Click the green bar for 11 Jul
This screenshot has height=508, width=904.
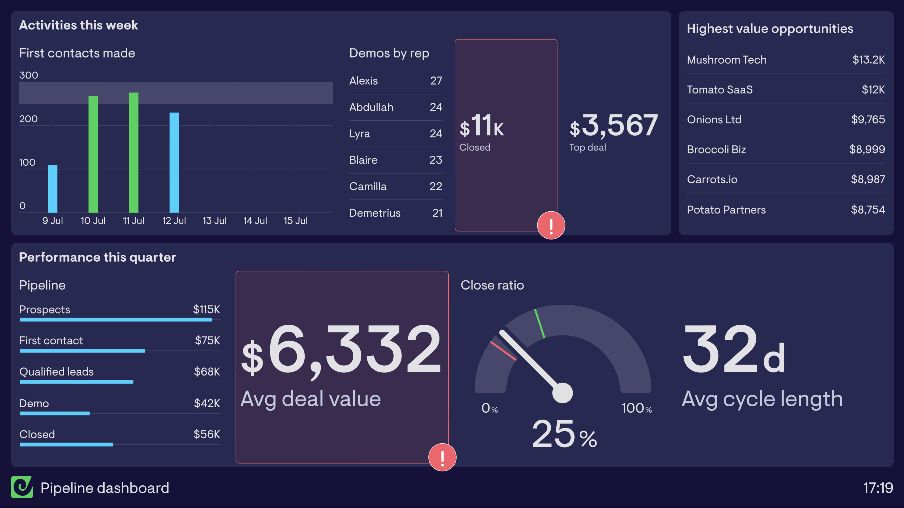pos(134,153)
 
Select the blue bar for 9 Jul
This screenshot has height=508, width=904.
pos(53,189)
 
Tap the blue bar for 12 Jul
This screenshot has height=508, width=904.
pos(174,162)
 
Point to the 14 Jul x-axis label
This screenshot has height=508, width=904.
pos(255,221)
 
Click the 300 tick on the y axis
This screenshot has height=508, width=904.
pos(28,75)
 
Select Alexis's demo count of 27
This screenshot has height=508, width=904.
pos(436,81)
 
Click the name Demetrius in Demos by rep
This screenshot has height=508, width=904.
pos(375,213)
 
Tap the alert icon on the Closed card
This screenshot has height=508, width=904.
pos(551,226)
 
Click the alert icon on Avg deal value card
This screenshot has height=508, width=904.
pos(442,457)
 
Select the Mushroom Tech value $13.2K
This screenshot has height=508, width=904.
pos(868,60)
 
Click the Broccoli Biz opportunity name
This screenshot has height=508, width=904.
pos(716,149)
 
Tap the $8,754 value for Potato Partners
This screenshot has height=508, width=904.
pos(868,210)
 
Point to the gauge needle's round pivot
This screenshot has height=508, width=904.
pos(562,393)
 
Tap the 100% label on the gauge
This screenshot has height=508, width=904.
pos(636,408)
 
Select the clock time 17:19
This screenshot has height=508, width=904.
pos(878,488)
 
